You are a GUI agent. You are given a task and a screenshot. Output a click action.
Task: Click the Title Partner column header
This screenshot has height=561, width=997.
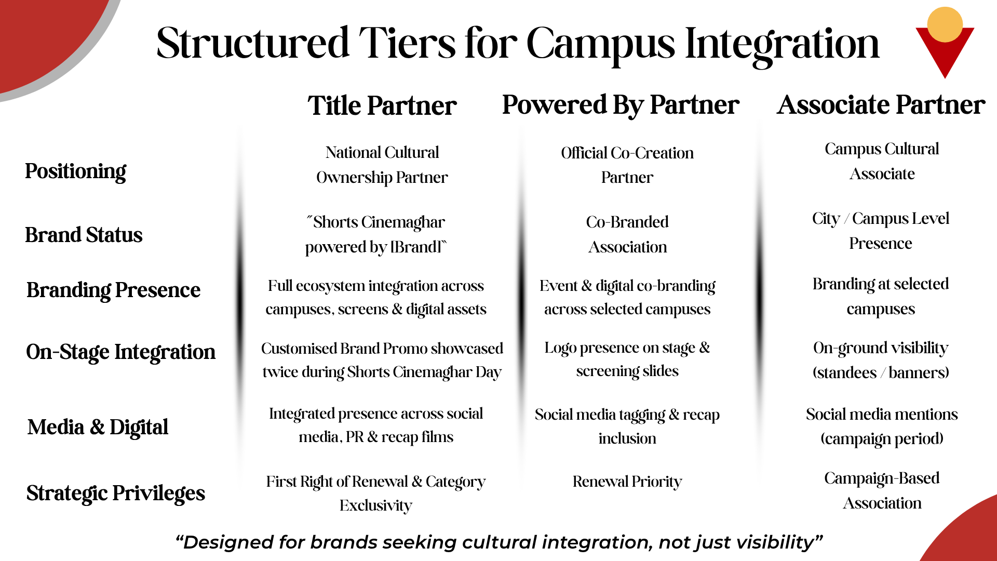tap(382, 105)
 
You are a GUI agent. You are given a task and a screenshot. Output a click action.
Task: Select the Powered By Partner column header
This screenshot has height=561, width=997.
tap(621, 105)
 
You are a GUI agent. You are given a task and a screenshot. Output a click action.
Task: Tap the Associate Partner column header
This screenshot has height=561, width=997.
tap(881, 105)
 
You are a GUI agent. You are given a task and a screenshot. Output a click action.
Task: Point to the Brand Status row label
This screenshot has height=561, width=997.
tap(84, 235)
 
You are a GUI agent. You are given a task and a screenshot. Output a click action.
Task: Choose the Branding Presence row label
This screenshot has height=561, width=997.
tap(113, 290)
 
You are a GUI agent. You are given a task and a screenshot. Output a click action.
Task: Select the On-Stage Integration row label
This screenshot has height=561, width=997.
tap(120, 352)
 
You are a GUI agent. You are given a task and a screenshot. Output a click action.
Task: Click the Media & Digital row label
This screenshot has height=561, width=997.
tap(98, 428)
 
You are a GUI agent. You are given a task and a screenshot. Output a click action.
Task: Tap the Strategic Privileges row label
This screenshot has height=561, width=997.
tap(116, 493)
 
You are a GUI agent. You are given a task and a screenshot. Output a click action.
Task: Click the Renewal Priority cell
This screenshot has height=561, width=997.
tap(627, 482)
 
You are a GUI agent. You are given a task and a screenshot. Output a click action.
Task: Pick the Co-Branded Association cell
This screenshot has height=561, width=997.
tap(627, 234)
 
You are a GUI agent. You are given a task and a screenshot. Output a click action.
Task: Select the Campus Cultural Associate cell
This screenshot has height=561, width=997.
tap(882, 162)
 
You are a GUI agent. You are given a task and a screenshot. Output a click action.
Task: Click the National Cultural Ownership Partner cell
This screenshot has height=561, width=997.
tap(382, 165)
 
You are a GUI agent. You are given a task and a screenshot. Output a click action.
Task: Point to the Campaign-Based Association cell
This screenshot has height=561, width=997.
tap(882, 490)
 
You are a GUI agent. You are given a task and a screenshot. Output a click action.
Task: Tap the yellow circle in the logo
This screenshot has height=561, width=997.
tap(945, 24)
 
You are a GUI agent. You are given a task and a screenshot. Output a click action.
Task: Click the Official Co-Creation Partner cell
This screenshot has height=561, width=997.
tap(627, 165)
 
